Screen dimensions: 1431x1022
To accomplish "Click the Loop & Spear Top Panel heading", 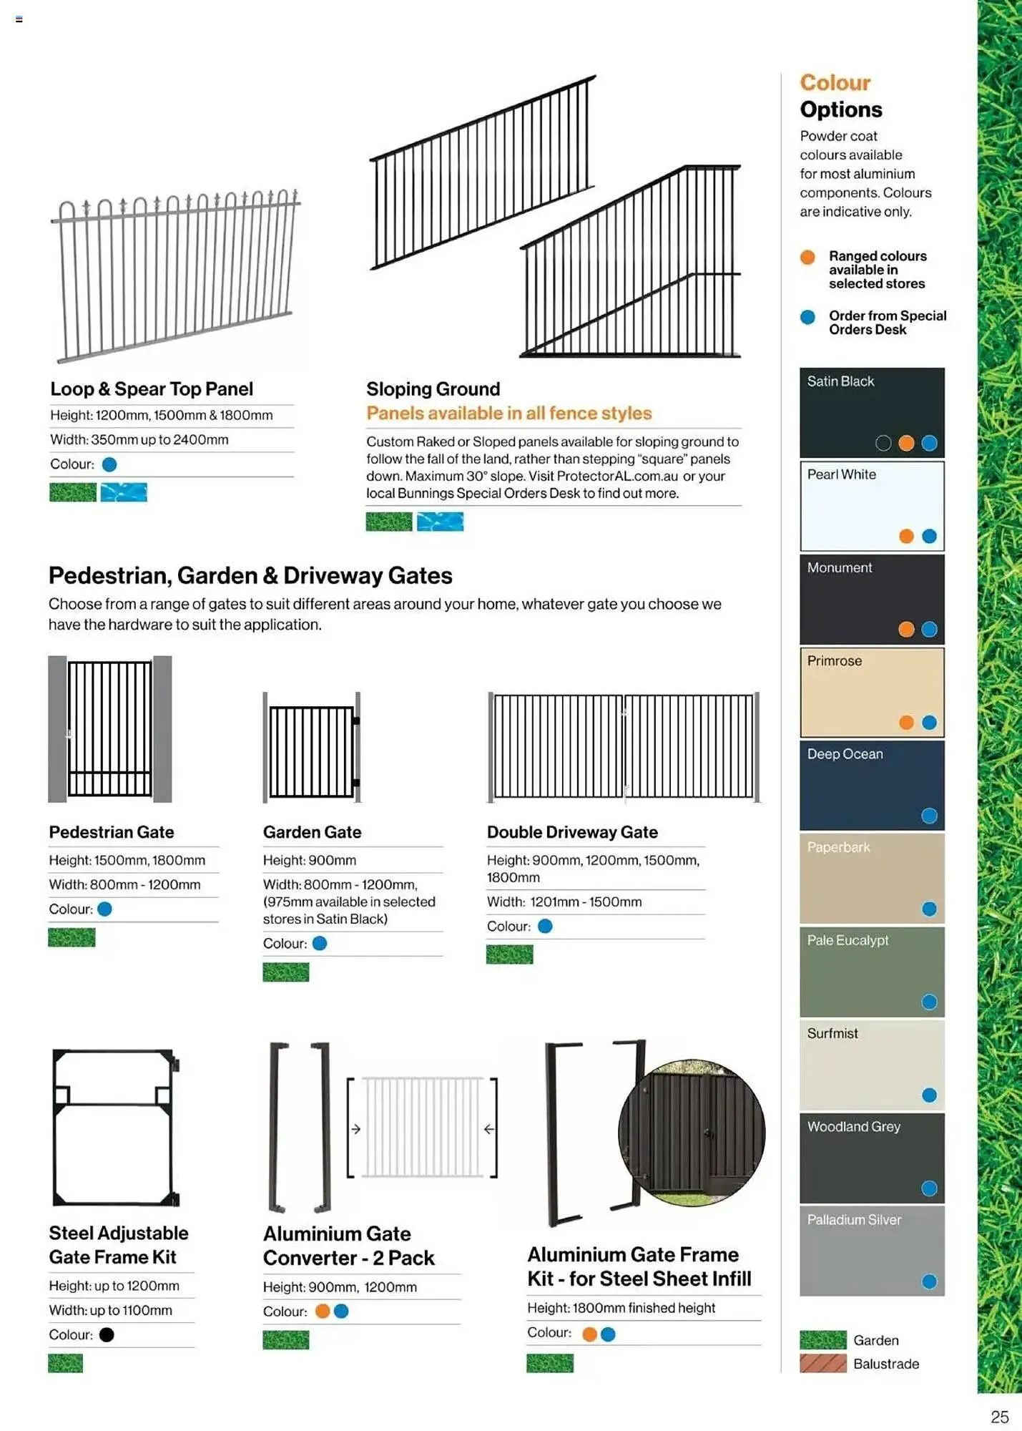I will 152,389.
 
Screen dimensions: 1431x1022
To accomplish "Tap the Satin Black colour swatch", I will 871,413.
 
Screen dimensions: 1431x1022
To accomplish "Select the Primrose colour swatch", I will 871,693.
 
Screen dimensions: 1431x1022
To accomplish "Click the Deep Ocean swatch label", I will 845,754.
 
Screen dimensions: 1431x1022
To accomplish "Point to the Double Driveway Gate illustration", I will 623,746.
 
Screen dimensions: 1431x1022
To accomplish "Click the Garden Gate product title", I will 312,832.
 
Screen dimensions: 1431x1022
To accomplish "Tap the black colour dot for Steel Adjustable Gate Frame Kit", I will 107,1334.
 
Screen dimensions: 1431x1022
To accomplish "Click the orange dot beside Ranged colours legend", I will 807,257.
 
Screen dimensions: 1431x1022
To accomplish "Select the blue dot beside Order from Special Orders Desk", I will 807,317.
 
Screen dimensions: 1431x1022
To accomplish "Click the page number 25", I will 999,1417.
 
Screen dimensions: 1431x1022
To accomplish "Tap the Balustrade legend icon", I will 822,1363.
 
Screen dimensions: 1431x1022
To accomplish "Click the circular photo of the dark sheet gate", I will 692,1133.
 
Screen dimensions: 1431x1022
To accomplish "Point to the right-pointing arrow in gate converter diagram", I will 355,1129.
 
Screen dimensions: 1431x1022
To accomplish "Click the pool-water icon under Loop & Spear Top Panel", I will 124,492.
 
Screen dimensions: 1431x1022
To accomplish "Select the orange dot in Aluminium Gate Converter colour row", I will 323,1311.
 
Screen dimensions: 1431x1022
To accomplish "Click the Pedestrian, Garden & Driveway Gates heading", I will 250,576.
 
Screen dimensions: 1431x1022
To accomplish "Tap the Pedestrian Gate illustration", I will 109,728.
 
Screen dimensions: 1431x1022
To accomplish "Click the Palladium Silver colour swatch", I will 871,1251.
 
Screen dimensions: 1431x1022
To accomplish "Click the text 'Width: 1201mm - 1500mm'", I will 564,902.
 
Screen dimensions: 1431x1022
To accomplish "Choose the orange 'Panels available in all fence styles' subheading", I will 508,414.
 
